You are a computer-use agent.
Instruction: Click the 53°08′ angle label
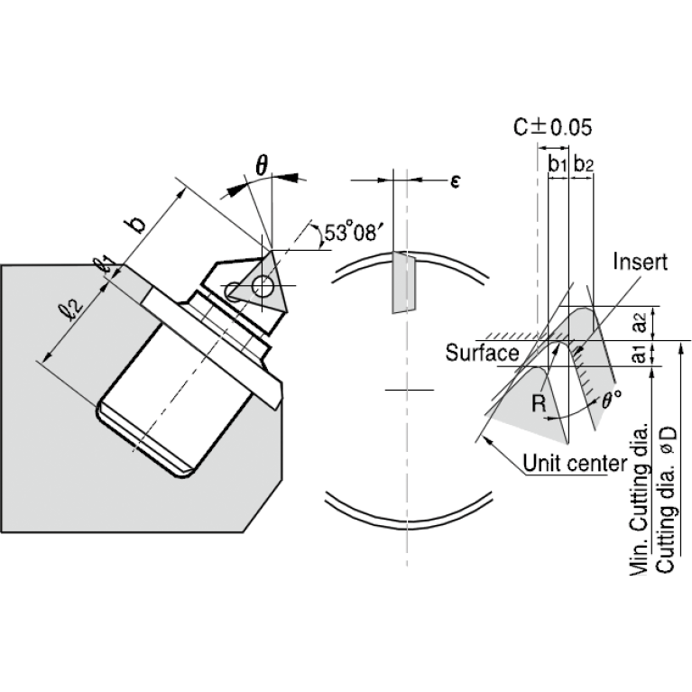click(x=351, y=232)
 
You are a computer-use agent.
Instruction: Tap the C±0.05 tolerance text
click(x=552, y=127)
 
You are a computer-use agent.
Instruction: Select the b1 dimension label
click(x=558, y=164)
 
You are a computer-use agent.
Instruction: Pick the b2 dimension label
click(x=584, y=164)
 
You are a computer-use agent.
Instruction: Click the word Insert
click(x=640, y=262)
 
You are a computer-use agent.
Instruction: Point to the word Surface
click(x=482, y=353)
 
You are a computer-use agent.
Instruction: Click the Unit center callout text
click(x=575, y=464)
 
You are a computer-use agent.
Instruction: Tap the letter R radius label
click(x=539, y=403)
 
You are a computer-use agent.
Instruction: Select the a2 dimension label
click(x=639, y=322)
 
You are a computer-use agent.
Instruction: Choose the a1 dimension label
click(x=639, y=354)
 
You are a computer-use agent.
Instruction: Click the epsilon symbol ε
click(x=456, y=180)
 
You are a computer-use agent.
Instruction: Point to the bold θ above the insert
click(x=262, y=165)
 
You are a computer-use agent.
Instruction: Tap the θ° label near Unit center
click(x=612, y=400)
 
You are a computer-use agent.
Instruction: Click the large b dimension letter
click(x=138, y=224)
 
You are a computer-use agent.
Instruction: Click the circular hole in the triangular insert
click(x=263, y=287)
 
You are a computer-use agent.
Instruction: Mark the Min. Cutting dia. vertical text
click(x=640, y=500)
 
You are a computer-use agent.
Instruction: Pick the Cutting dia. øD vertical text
click(x=667, y=500)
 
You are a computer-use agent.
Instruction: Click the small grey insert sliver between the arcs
click(x=404, y=282)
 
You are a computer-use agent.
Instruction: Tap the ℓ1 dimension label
click(x=104, y=264)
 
